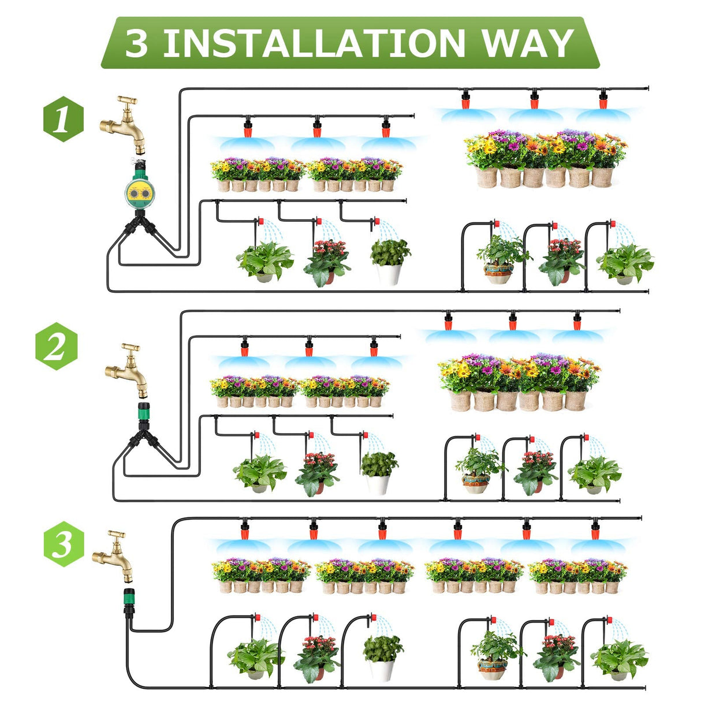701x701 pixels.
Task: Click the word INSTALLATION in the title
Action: [x=314, y=43]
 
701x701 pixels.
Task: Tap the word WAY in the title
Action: [x=527, y=43]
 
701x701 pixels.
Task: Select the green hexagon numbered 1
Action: [x=63, y=121]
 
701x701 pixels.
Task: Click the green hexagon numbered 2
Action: [x=55, y=346]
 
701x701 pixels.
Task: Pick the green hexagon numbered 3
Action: [x=64, y=545]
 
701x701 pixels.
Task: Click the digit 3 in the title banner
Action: [x=136, y=43]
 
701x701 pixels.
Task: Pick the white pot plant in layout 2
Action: [x=379, y=471]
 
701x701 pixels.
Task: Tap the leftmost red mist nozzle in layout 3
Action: [x=245, y=529]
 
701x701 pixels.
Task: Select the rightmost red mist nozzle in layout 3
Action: [x=595, y=529]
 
